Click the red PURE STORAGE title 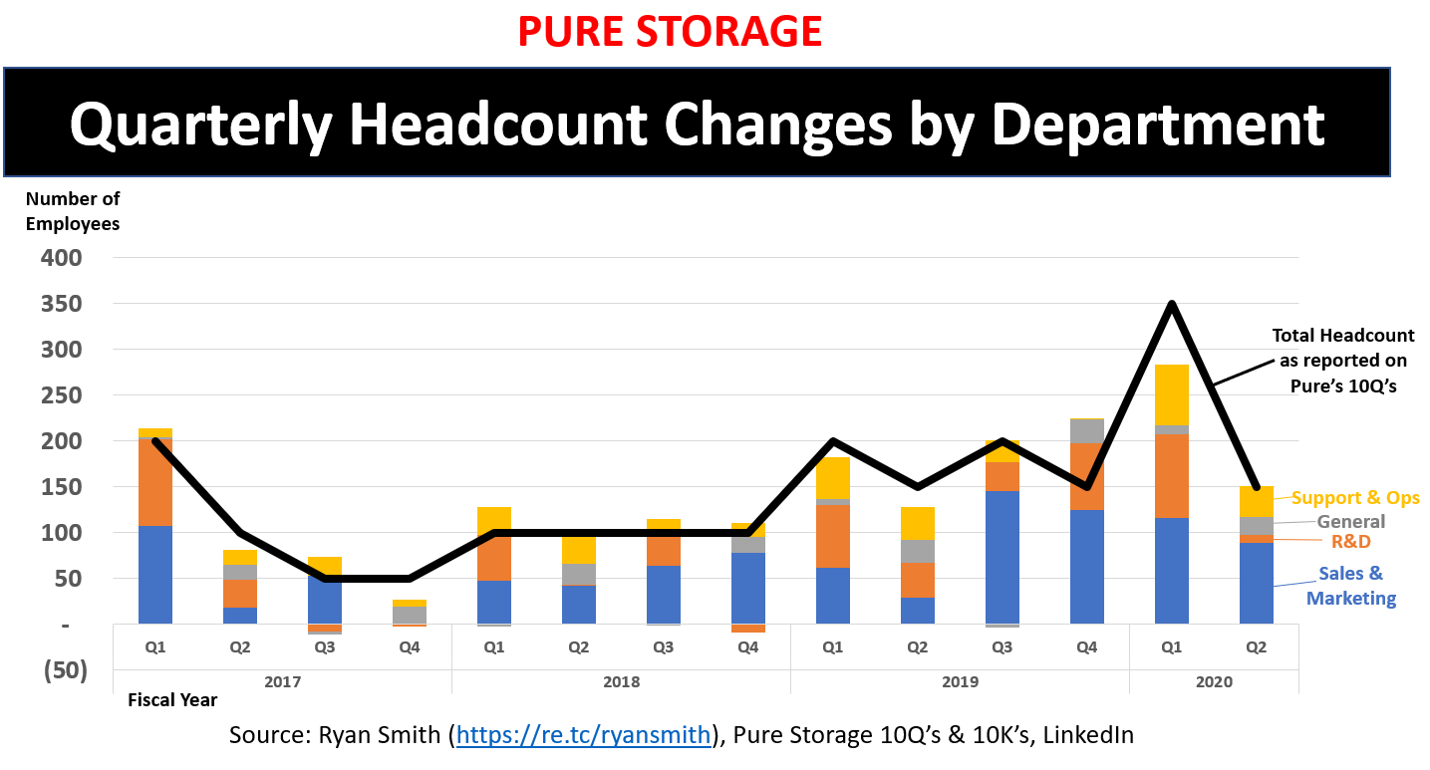[671, 32]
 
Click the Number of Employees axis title [73, 211]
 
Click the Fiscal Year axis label [172, 700]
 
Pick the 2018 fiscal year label [621, 682]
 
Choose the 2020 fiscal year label [1214, 682]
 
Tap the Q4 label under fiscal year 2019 [1087, 646]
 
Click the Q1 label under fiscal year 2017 [155, 646]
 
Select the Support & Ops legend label [1355, 498]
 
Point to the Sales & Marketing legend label [1351, 586]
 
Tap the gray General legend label [1351, 521]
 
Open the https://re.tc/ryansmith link [583, 736]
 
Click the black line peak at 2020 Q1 [1172, 304]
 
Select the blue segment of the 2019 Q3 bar [1002, 557]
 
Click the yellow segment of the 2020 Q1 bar [1172, 395]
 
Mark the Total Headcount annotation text [1343, 361]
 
